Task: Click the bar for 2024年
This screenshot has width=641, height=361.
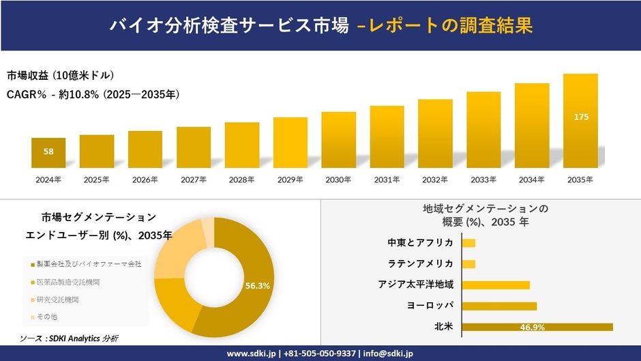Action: point(48,153)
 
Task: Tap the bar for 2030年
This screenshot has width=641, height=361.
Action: point(338,140)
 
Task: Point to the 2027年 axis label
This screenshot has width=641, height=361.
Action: point(193,180)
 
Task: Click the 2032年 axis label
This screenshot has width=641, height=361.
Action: point(435,180)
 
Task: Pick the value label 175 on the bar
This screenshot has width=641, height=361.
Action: point(581,117)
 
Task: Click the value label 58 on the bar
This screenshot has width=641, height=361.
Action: point(48,151)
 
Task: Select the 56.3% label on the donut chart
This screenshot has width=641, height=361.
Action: point(257,286)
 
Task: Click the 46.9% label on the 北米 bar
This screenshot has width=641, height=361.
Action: point(532,328)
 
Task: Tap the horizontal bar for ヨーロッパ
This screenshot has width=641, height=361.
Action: point(499,306)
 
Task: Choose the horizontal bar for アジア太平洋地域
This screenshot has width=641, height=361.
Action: point(496,285)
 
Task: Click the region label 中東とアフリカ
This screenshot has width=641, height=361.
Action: point(420,242)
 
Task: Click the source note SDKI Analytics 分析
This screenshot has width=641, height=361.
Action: point(68,338)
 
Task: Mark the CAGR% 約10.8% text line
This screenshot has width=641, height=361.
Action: point(93,94)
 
